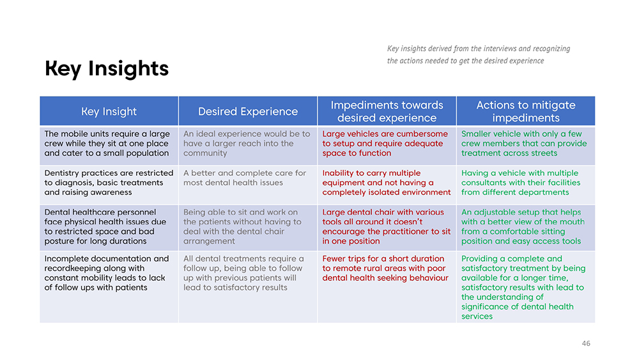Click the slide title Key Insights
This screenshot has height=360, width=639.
coord(107,68)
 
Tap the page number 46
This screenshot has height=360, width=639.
coord(586,343)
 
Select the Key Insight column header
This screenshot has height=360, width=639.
coord(109,111)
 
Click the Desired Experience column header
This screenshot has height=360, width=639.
coord(248,111)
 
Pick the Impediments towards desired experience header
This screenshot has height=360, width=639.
coord(387,111)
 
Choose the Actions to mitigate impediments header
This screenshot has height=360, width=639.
coord(526,111)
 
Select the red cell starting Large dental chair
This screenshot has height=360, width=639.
coord(387,227)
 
